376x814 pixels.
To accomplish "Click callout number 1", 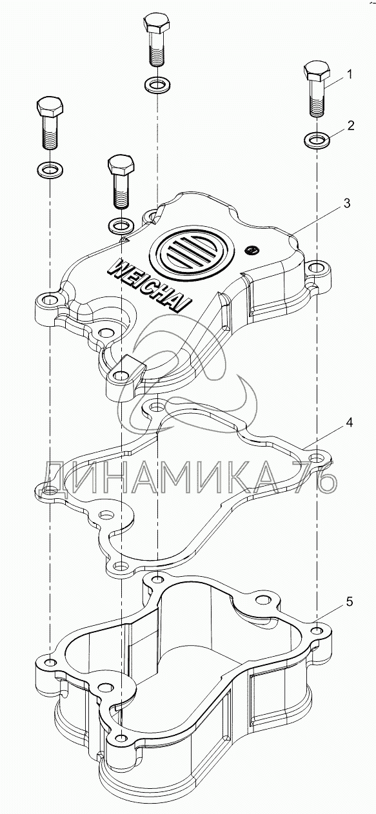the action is [349, 75].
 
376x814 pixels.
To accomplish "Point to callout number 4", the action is [349, 423].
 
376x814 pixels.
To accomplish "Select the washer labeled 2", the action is [317, 139].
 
